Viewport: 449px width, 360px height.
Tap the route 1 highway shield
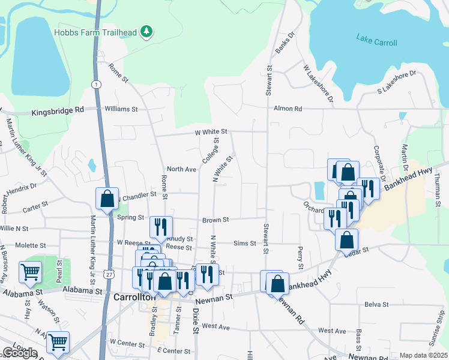pos(96,85)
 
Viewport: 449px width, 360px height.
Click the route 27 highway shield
pos(108,274)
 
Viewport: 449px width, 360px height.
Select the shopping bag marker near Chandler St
pos(107,199)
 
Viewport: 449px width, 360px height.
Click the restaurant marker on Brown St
pos(160,226)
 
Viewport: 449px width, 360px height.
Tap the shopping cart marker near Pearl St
pos(30,272)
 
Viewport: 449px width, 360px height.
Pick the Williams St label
pos(121,109)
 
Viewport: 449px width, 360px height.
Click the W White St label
pos(210,131)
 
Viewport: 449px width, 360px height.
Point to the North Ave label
pos(182,169)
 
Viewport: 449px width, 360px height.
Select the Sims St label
pos(244,243)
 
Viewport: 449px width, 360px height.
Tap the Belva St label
pos(376,304)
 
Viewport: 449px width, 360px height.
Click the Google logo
pos(20,353)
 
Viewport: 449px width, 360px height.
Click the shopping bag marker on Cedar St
pos(346,239)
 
